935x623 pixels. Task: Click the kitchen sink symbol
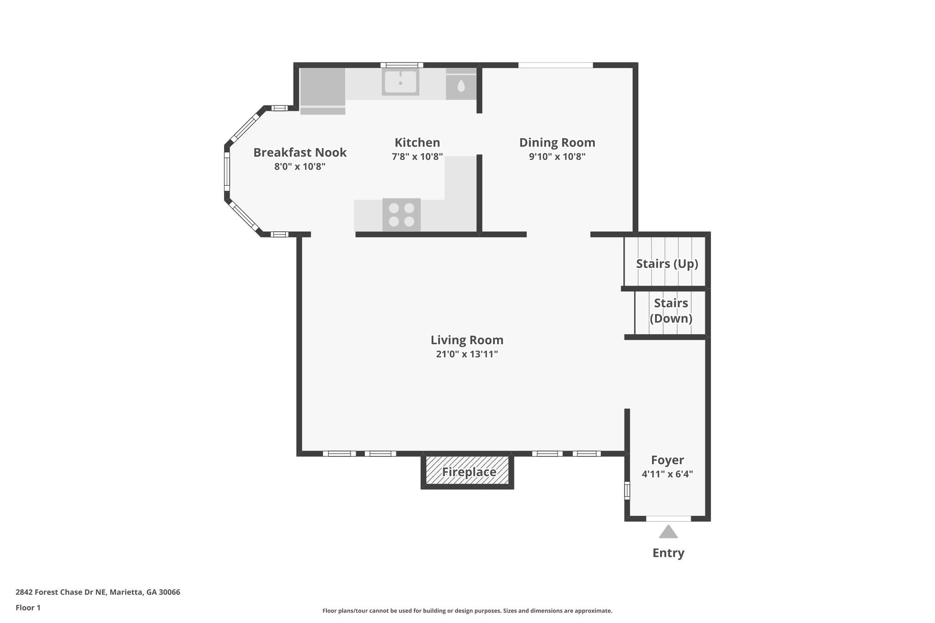point(400,83)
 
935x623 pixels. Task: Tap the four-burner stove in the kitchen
point(401,215)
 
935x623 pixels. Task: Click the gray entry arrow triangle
point(668,532)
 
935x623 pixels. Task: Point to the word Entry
point(668,553)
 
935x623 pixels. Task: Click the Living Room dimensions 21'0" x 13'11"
point(467,354)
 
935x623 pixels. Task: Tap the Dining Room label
point(557,143)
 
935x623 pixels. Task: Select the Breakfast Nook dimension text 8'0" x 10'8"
point(299,167)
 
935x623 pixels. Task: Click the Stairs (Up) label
point(667,264)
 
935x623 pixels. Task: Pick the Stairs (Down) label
point(671,311)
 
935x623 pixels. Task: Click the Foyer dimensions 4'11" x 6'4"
point(667,474)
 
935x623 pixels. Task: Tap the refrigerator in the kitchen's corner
point(322,90)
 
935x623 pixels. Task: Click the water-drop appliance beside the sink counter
point(461,86)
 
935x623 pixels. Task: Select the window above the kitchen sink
point(401,65)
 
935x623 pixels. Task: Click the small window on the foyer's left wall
point(627,491)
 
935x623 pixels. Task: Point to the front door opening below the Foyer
point(668,518)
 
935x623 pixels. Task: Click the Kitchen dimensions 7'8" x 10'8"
point(417,157)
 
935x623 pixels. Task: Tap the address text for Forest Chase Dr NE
point(98,592)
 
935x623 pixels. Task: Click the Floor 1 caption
point(28,607)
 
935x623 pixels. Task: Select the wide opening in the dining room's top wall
point(555,65)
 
